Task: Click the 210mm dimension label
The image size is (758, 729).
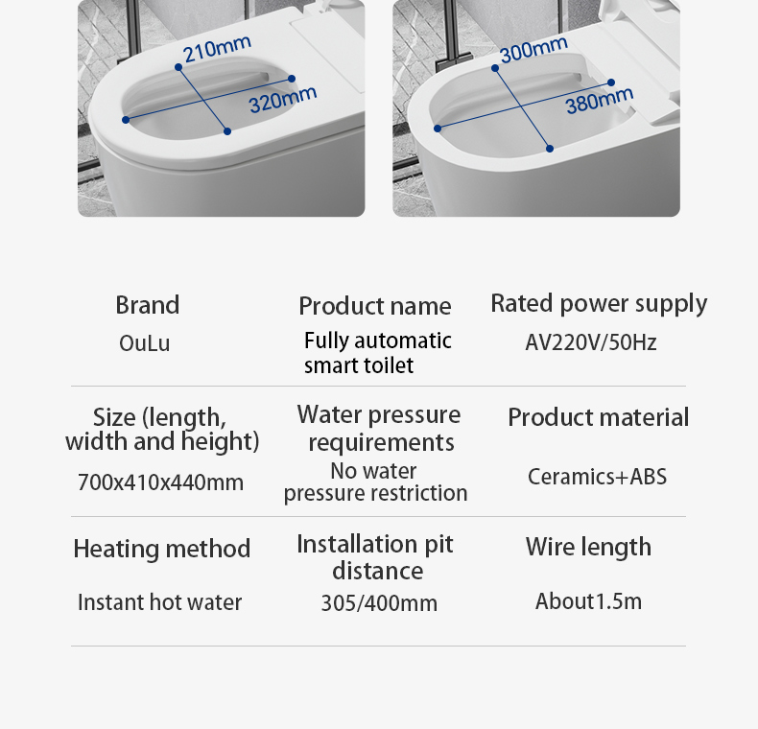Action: pos(217,49)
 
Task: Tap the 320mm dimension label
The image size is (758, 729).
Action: pos(283,100)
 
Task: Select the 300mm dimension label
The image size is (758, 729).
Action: pos(533,50)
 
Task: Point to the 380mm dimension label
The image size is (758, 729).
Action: pos(600,101)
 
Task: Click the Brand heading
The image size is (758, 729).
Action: pos(148,305)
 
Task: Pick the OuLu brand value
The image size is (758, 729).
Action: pos(145,343)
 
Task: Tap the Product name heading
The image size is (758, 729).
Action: pos(375,307)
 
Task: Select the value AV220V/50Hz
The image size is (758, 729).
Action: pos(591,342)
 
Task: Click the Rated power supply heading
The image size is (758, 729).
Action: pos(599,304)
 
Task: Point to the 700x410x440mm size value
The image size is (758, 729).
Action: pos(160,482)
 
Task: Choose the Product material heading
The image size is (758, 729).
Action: pos(599,417)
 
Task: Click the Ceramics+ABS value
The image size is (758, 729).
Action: pos(597,477)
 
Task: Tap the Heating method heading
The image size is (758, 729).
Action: pos(162,549)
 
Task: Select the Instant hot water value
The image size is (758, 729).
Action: pos(160,602)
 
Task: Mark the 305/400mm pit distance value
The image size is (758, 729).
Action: pos(380,603)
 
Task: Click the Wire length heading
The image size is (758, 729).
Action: pos(589,548)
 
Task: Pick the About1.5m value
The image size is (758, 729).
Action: pos(589,601)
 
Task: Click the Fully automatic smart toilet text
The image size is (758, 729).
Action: pos(378,353)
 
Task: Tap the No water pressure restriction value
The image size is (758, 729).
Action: pos(375,482)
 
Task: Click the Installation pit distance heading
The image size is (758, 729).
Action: pos(375,557)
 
